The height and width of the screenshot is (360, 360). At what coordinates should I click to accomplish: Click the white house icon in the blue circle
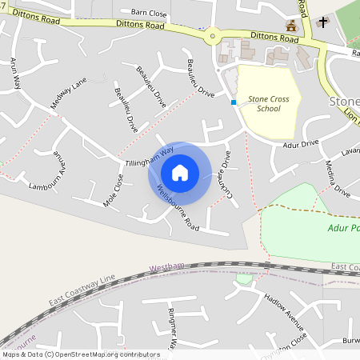(180, 172)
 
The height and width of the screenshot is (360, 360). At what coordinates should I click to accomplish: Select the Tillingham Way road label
(150, 156)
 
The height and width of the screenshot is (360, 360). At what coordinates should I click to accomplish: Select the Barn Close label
(149, 14)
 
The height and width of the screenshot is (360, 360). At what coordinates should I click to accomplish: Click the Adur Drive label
(301, 145)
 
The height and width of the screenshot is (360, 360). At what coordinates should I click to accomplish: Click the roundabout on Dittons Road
(212, 35)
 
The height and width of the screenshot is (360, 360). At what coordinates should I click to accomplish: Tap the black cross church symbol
(322, 22)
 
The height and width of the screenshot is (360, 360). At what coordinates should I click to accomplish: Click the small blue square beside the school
(234, 102)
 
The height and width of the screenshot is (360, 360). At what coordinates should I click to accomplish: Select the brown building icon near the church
(291, 25)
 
